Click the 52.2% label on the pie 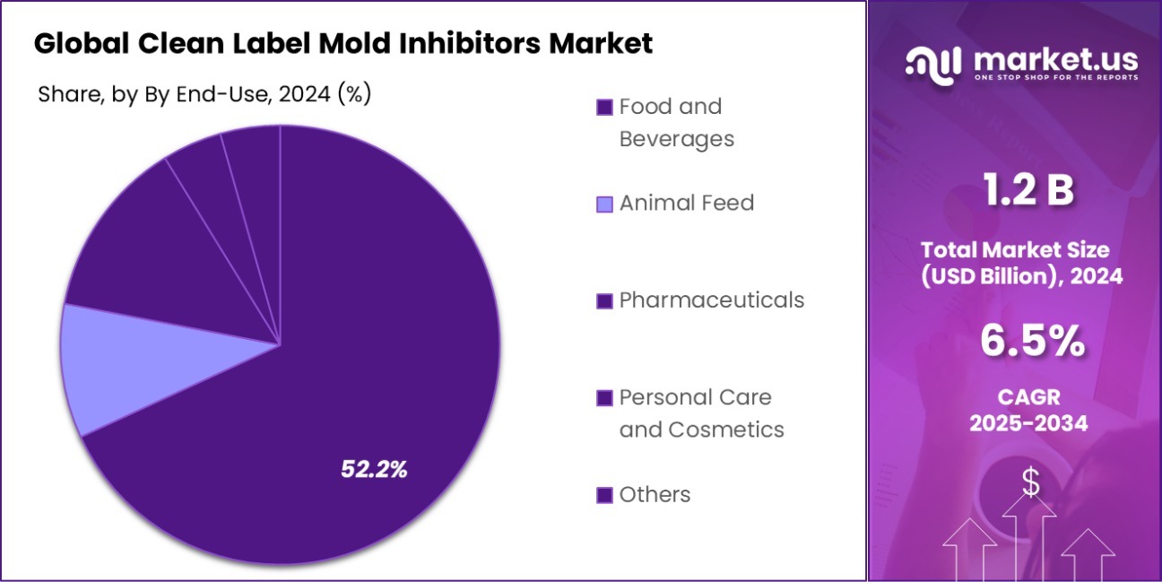point(374,468)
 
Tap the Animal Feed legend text point(686,204)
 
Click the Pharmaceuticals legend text point(711,300)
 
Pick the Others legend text point(655,494)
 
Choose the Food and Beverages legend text point(676,123)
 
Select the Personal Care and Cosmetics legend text point(701,413)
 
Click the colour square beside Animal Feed point(604,204)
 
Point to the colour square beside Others point(604,495)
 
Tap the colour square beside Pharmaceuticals point(604,301)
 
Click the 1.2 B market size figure point(1028,191)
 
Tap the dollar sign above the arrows point(1031,484)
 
